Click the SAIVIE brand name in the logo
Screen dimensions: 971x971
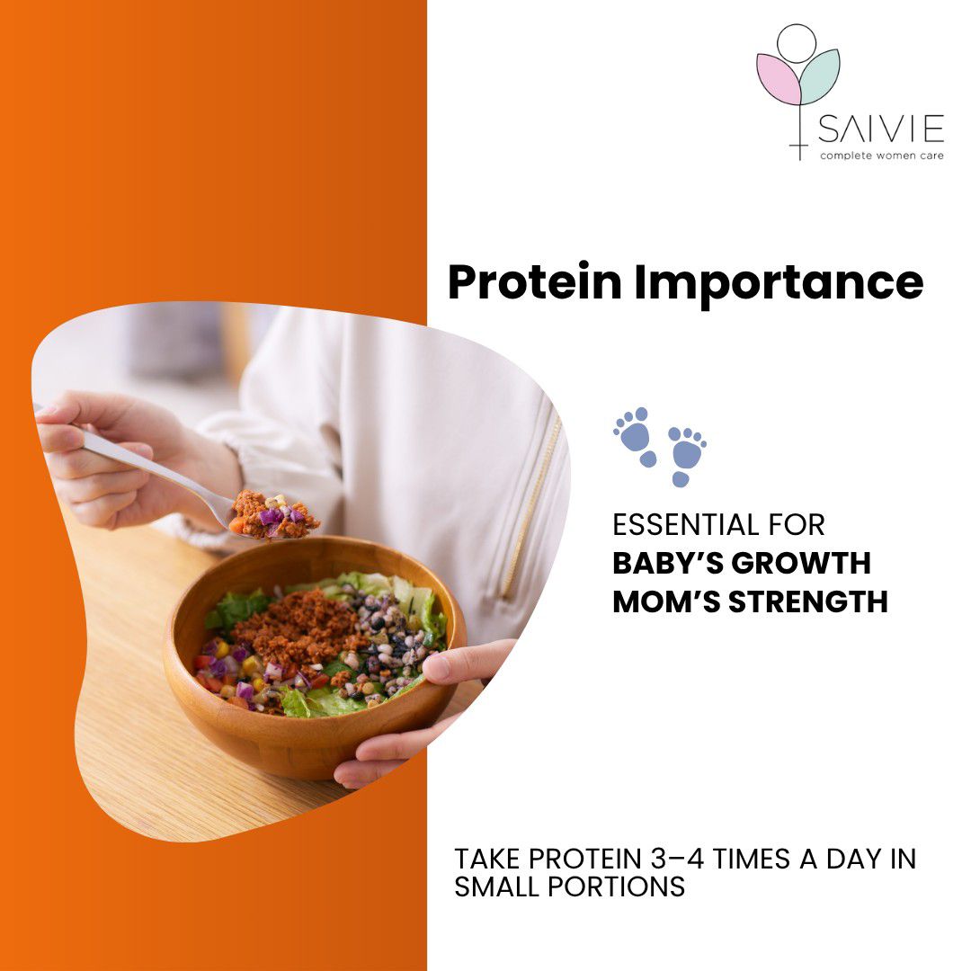point(880,131)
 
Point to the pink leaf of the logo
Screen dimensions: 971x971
point(779,79)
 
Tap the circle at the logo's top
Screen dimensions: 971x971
point(797,43)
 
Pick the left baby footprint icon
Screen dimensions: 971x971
point(636,436)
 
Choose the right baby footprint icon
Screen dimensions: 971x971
point(686,454)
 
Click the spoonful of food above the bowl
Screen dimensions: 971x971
point(273,514)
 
